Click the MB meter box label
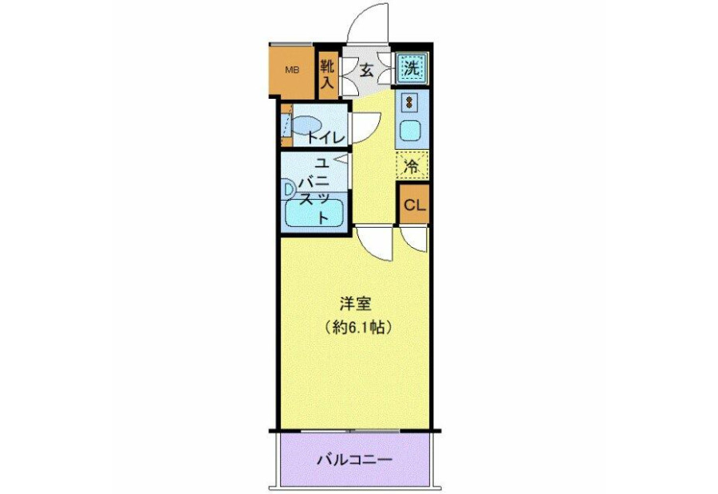click(292, 70)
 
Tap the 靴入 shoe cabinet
click(327, 73)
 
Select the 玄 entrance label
click(365, 70)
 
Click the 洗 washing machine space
click(412, 69)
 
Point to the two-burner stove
click(409, 101)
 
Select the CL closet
click(414, 205)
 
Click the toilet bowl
click(306, 124)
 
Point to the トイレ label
click(325, 137)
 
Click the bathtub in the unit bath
click(314, 214)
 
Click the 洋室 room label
click(354, 304)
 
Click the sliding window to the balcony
click(350, 431)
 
